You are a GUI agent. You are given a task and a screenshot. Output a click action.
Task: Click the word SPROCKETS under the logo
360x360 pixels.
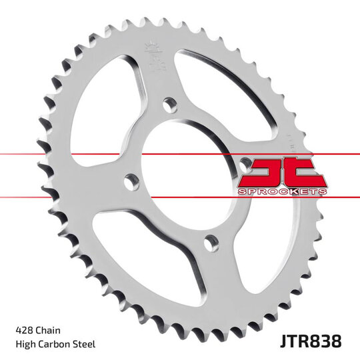point(281,192)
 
